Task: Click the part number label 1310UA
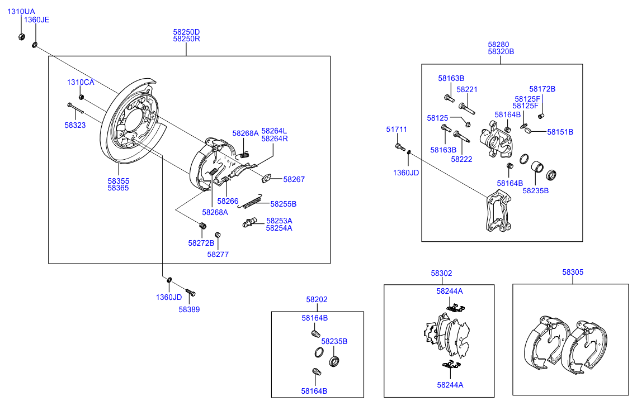pyautogui.click(x=21, y=11)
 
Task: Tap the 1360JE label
pyautogui.click(x=36, y=20)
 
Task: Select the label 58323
pyautogui.click(x=75, y=126)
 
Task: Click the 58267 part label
pyautogui.click(x=294, y=179)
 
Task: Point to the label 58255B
pyautogui.click(x=283, y=204)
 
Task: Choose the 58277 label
pyautogui.click(x=218, y=254)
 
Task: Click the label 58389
pyautogui.click(x=189, y=309)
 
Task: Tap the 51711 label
pyautogui.click(x=397, y=129)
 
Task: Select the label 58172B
pyautogui.click(x=542, y=89)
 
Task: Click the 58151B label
pyautogui.click(x=560, y=132)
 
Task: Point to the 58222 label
pyautogui.click(x=461, y=159)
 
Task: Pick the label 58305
pyautogui.click(x=573, y=272)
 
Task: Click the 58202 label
pyautogui.click(x=317, y=299)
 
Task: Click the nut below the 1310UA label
pyautogui.click(x=21, y=37)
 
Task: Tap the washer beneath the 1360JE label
pyautogui.click(x=35, y=44)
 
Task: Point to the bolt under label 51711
pyautogui.click(x=399, y=147)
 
